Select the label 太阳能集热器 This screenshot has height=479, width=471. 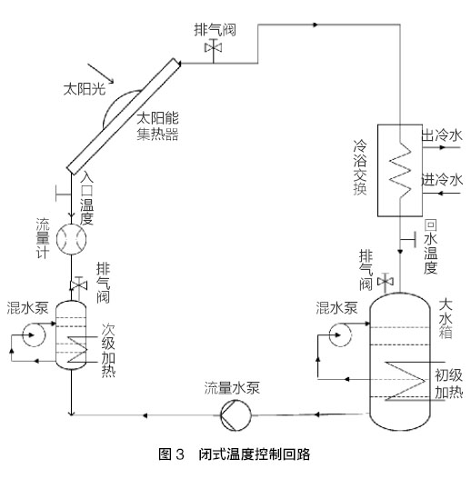pyautogui.click(x=157, y=126)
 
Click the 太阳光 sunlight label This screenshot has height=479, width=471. pyautogui.click(x=85, y=89)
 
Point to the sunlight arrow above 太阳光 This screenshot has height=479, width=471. pyautogui.click(x=101, y=74)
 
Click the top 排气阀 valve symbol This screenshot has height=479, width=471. pyautogui.click(x=214, y=48)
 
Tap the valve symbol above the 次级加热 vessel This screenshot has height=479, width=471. pyautogui.click(x=78, y=285)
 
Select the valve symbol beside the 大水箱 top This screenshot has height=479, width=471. pyautogui.click(x=386, y=282)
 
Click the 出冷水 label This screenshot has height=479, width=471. pyautogui.click(x=442, y=135)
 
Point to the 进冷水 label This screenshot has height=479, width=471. pyautogui.click(x=442, y=180)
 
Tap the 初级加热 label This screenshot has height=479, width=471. pyautogui.click(x=448, y=384)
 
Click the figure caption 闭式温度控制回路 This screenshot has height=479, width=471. pyautogui.click(x=255, y=454)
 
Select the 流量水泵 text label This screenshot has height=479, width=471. pyautogui.click(x=232, y=388)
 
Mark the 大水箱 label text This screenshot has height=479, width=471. pyautogui.click(x=446, y=319)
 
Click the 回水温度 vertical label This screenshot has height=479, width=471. pyautogui.click(x=431, y=246)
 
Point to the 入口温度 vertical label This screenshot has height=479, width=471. pyautogui.click(x=86, y=198)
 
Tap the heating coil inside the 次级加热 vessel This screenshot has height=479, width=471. pyautogui.click(x=77, y=349)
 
